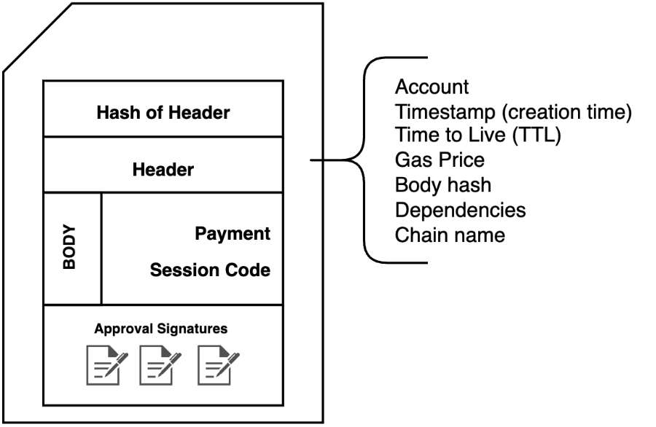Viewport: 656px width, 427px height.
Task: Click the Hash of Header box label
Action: pos(163,112)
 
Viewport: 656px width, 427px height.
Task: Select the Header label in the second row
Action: pos(163,170)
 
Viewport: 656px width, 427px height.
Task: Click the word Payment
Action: pos(233,234)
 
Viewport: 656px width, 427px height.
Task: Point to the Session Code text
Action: pos(210,270)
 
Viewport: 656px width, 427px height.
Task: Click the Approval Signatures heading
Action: pos(160,329)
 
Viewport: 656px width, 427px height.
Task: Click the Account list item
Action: pos(432,87)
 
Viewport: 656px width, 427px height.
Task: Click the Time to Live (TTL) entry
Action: pos(477,136)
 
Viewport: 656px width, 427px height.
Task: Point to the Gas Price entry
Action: pos(440,160)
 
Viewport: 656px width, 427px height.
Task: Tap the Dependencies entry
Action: pos(460,210)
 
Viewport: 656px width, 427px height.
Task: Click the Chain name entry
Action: pos(450,235)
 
